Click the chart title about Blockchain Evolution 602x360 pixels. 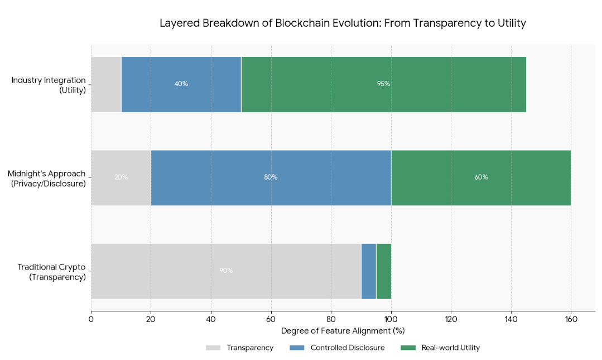pyautogui.click(x=343, y=23)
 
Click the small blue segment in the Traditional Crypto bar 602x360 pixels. pyautogui.click(x=369, y=271)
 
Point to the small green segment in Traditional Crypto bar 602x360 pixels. pyautogui.click(x=384, y=271)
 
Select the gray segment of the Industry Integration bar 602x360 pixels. pyautogui.click(x=106, y=84)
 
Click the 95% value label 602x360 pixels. pyautogui.click(x=383, y=84)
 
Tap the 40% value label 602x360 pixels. pyautogui.click(x=181, y=84)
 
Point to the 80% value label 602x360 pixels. pyautogui.click(x=271, y=177)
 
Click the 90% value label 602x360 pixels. pyautogui.click(x=226, y=271)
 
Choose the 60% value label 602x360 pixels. pyautogui.click(x=481, y=177)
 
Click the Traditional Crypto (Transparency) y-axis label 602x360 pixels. pyautogui.click(x=51, y=272)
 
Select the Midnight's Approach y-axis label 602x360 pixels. pyautogui.click(x=47, y=178)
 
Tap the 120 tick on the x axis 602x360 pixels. pyautogui.click(x=451, y=320)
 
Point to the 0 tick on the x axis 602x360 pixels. pyautogui.click(x=91, y=320)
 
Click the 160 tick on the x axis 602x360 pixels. pyautogui.click(x=571, y=320)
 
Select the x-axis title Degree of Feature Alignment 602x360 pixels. pyautogui.click(x=343, y=331)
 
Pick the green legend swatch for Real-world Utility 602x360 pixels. pyautogui.click(x=408, y=348)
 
